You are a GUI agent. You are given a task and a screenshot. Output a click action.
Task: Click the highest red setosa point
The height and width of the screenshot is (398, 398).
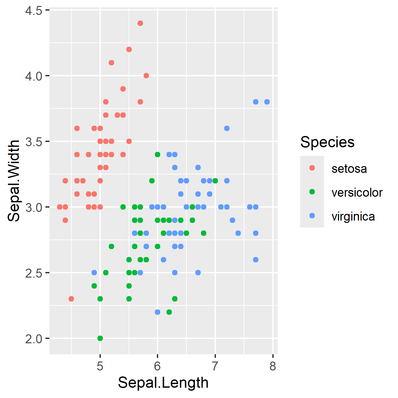pos(140,23)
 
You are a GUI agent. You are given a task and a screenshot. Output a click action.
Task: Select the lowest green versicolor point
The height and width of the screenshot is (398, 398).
pos(100,338)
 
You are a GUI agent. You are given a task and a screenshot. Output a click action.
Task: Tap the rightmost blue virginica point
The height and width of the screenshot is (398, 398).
pos(267,102)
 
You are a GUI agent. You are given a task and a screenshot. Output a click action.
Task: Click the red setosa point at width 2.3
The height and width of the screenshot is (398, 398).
pos(71,299)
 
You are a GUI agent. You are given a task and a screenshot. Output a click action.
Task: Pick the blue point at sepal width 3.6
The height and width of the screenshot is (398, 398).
pos(227,128)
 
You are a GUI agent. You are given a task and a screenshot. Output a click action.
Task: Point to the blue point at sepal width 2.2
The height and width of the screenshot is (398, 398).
pos(158,312)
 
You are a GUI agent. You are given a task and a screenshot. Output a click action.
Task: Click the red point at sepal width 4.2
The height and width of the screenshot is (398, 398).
pos(129,49)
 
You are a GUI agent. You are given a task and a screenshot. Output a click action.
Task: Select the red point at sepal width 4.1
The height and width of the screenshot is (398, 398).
pos(111,63)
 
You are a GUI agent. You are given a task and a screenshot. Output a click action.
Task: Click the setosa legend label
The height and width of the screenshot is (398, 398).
pos(349,168)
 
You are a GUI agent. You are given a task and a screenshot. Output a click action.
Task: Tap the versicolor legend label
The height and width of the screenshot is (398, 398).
pos(357,192)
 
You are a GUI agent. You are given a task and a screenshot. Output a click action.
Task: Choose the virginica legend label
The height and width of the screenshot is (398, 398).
pos(353,216)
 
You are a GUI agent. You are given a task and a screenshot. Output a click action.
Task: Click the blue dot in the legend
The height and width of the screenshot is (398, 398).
pos(312,216)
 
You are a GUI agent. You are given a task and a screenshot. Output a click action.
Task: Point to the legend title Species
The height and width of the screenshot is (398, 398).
pos(327,142)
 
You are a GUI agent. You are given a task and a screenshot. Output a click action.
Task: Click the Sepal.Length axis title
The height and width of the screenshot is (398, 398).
pos(163,383)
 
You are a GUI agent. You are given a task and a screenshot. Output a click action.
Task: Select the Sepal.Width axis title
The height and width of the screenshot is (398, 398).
pos(14,181)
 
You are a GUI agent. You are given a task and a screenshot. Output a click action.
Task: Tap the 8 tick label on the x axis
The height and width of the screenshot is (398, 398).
pos(273,366)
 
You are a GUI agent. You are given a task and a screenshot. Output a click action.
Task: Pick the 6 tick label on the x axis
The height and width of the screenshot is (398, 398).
pos(158,366)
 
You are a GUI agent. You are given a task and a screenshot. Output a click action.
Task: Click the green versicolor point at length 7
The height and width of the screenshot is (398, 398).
pos(215,181)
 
